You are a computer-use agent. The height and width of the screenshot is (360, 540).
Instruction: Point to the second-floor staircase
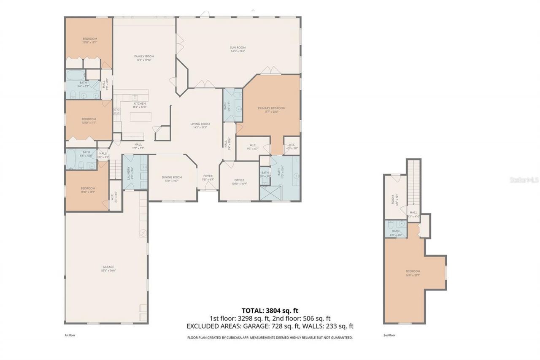[x=414, y=181]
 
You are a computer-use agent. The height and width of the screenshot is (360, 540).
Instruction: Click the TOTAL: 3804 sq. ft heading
[x=270, y=311]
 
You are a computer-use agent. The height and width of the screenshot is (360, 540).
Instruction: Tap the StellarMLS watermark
[x=524, y=180]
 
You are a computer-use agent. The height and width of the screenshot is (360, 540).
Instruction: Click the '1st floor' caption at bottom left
[x=70, y=335]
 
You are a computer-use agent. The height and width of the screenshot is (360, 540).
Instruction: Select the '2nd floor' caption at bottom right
[x=389, y=335]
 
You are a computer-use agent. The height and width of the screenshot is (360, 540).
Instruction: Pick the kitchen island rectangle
[x=140, y=117]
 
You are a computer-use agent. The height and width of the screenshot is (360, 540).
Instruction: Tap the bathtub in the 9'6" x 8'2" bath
[x=75, y=76]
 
